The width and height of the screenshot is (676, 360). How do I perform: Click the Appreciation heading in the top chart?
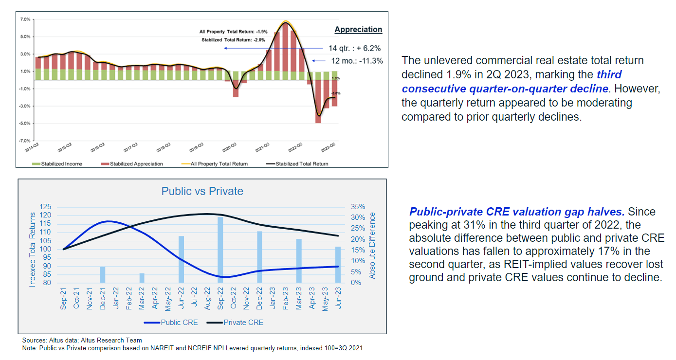point(358,30)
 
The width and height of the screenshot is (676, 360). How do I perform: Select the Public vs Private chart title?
point(202,191)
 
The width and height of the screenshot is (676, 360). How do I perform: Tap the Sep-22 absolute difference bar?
point(220,250)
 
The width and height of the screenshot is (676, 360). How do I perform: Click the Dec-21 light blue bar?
point(103,274)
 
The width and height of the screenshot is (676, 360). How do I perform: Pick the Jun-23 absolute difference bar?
point(338,265)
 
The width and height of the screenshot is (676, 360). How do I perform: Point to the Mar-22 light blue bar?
point(142,278)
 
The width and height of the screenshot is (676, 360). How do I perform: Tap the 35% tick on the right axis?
point(358,207)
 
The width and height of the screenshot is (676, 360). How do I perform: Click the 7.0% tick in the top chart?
point(25,19)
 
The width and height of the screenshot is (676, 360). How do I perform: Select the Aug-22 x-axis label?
point(208,299)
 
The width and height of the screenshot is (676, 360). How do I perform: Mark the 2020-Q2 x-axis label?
point(230,147)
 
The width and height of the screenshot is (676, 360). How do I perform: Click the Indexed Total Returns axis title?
point(33,249)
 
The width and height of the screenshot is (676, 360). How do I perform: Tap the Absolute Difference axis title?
point(372,245)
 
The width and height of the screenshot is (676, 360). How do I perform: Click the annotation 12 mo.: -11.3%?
point(357,61)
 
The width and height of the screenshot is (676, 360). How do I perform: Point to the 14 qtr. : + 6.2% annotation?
point(354,48)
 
